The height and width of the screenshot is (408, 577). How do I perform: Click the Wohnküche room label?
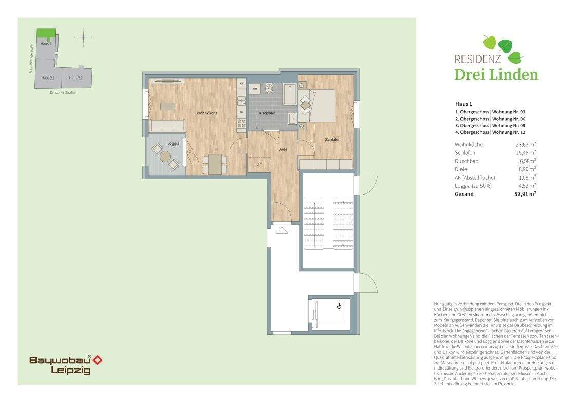point(205,113)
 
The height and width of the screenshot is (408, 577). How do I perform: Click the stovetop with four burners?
point(241,123)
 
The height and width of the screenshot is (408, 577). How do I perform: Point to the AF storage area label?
point(259,165)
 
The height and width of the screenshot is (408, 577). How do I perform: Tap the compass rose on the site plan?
point(83,37)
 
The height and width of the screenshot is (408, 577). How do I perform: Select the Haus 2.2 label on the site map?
point(75,77)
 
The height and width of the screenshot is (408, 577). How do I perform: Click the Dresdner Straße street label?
point(63,93)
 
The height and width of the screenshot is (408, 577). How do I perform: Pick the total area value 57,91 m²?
point(526,194)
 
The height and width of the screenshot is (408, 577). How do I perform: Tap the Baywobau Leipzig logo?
point(65,364)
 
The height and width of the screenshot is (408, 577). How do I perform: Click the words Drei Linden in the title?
point(496,75)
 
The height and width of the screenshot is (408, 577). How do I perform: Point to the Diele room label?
point(282,149)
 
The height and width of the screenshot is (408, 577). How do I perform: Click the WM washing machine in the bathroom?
point(255,89)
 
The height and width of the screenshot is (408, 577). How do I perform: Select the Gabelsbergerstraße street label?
point(31,57)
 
